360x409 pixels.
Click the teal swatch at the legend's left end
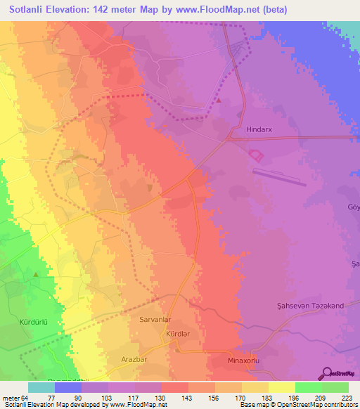41,387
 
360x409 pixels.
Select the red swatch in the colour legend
175,387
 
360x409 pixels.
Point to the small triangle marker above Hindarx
218,100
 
